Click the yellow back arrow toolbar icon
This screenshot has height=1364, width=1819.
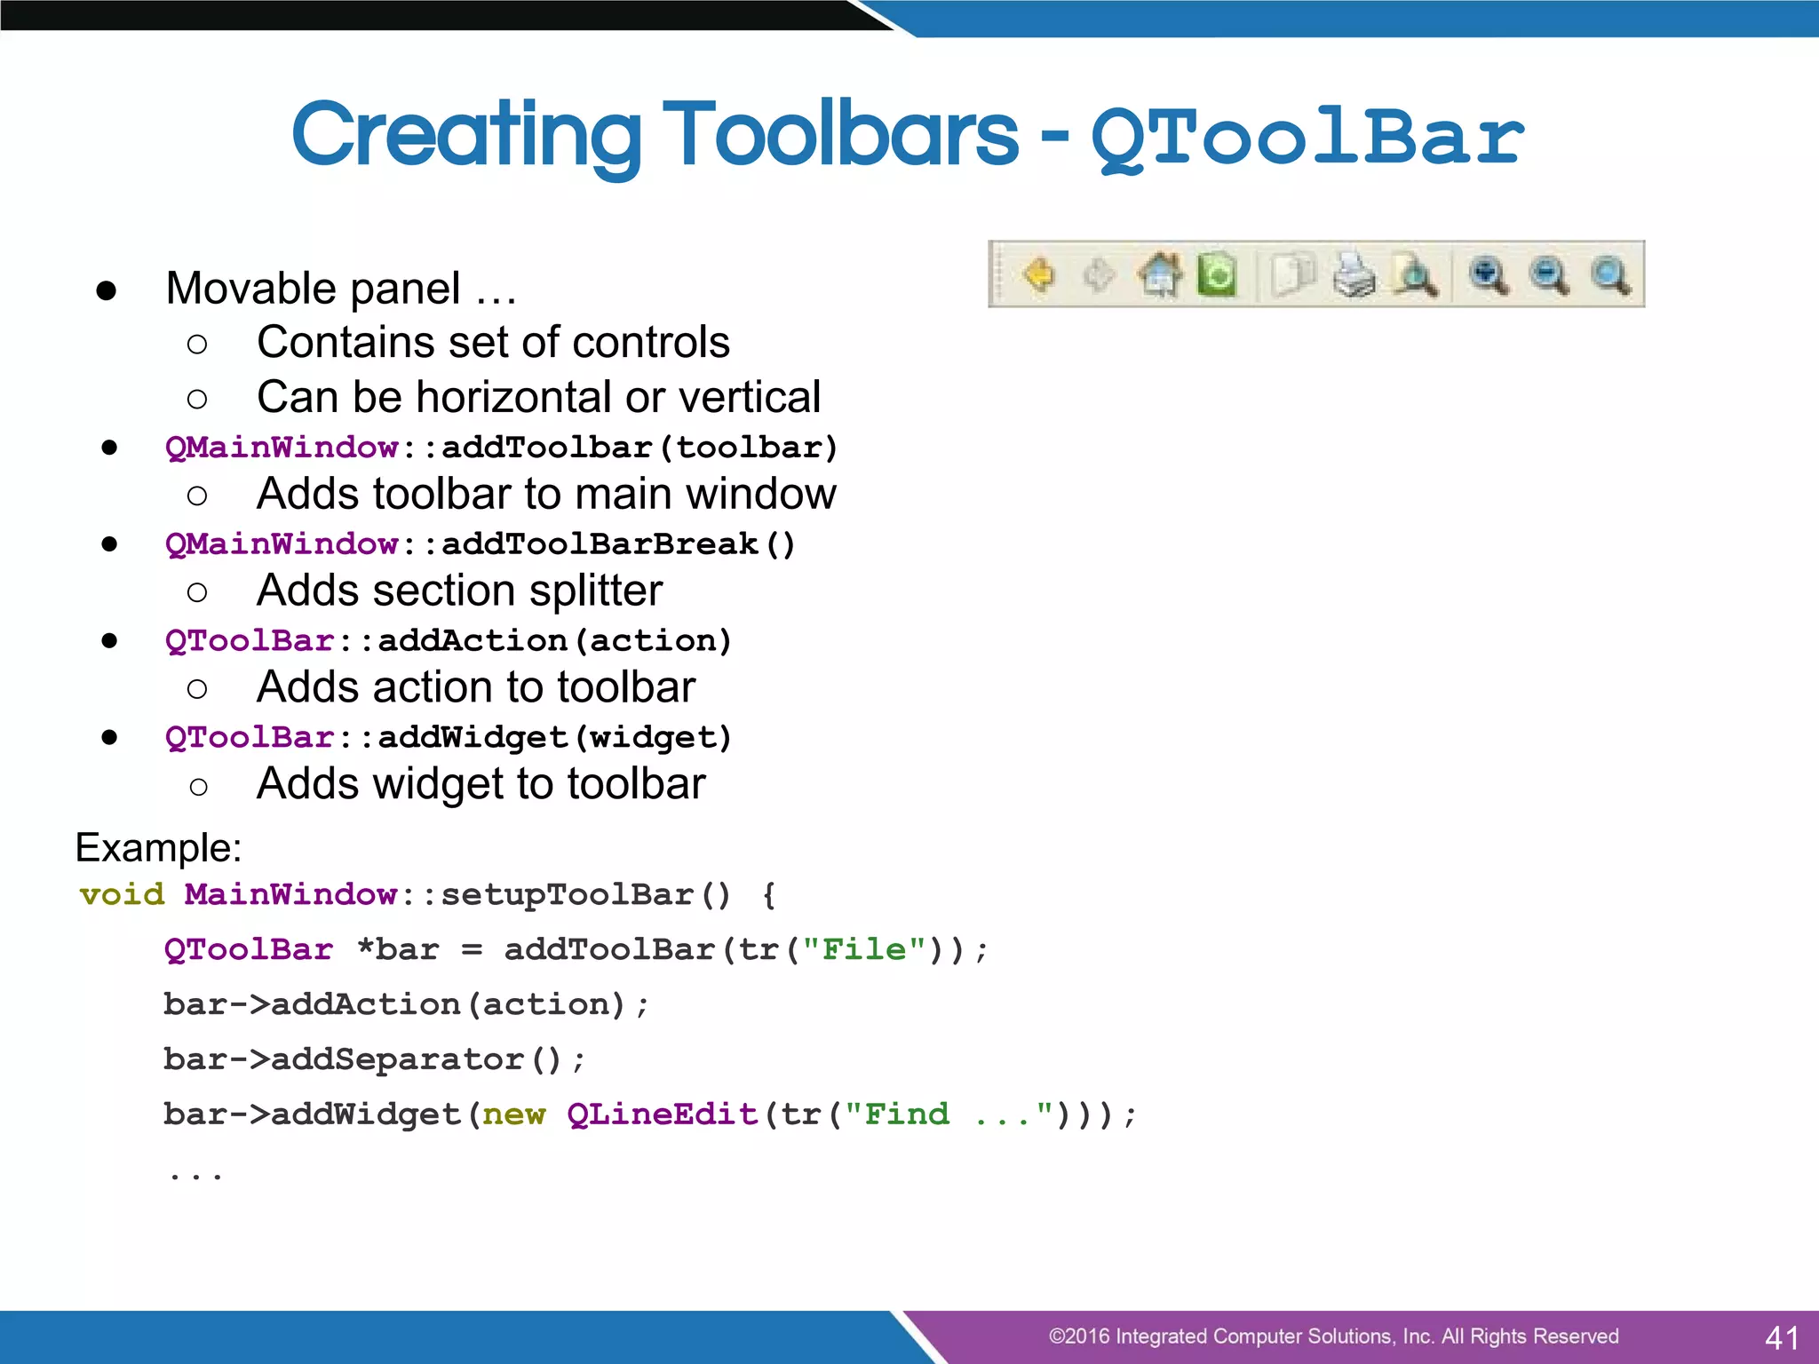pyautogui.click(x=1039, y=274)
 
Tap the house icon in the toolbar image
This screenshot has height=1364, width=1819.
pyautogui.click(x=1160, y=274)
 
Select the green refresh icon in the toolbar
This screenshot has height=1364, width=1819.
pyautogui.click(x=1217, y=274)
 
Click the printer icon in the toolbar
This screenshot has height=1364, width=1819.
pyautogui.click(x=1354, y=274)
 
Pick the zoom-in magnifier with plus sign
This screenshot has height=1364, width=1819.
pyautogui.click(x=1489, y=274)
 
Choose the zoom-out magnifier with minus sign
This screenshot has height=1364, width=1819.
pyautogui.click(x=1549, y=274)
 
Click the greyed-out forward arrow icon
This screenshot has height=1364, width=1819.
pyautogui.click(x=1099, y=274)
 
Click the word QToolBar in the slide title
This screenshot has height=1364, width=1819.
pyautogui.click(x=1307, y=138)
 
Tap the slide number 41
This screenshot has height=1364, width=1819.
pyautogui.click(x=1782, y=1337)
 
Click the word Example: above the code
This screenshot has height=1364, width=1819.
pyautogui.click(x=158, y=847)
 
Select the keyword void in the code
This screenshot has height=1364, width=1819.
pyautogui.click(x=122, y=894)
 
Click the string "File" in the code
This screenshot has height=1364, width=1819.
pyautogui.click(x=864, y=949)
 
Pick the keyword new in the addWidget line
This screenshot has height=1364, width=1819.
pyautogui.click(x=513, y=1114)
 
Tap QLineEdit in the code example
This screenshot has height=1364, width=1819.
pyautogui.click(x=663, y=1114)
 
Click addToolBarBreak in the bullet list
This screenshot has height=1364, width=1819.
pyautogui.click(x=600, y=543)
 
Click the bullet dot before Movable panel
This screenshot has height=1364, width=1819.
pyautogui.click(x=107, y=290)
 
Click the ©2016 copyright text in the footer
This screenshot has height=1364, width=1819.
pyautogui.click(x=1333, y=1336)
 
